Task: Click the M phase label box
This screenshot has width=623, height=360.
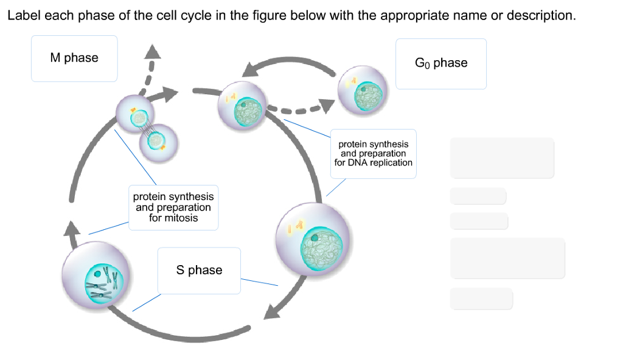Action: [74, 58]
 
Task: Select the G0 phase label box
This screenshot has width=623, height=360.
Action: [441, 64]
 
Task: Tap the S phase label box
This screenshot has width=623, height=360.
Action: [199, 271]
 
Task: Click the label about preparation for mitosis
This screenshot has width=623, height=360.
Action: [173, 207]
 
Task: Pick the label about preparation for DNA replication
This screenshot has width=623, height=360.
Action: [374, 153]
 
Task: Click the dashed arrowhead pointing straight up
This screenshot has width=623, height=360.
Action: [152, 52]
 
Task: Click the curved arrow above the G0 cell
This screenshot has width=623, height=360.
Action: [289, 64]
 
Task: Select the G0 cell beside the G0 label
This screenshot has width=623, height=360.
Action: [363, 90]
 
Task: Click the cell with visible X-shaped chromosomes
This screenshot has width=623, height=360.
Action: [96, 275]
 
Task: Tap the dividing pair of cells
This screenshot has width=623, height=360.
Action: [147, 128]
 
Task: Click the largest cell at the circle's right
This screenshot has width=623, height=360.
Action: [313, 239]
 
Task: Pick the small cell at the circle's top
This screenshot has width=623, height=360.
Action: [242, 106]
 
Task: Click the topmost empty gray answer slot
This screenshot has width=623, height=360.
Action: [502, 157]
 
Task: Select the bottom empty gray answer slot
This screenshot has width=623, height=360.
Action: [481, 299]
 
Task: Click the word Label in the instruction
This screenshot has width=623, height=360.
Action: [24, 15]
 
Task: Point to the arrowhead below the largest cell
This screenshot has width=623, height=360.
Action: [272, 311]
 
